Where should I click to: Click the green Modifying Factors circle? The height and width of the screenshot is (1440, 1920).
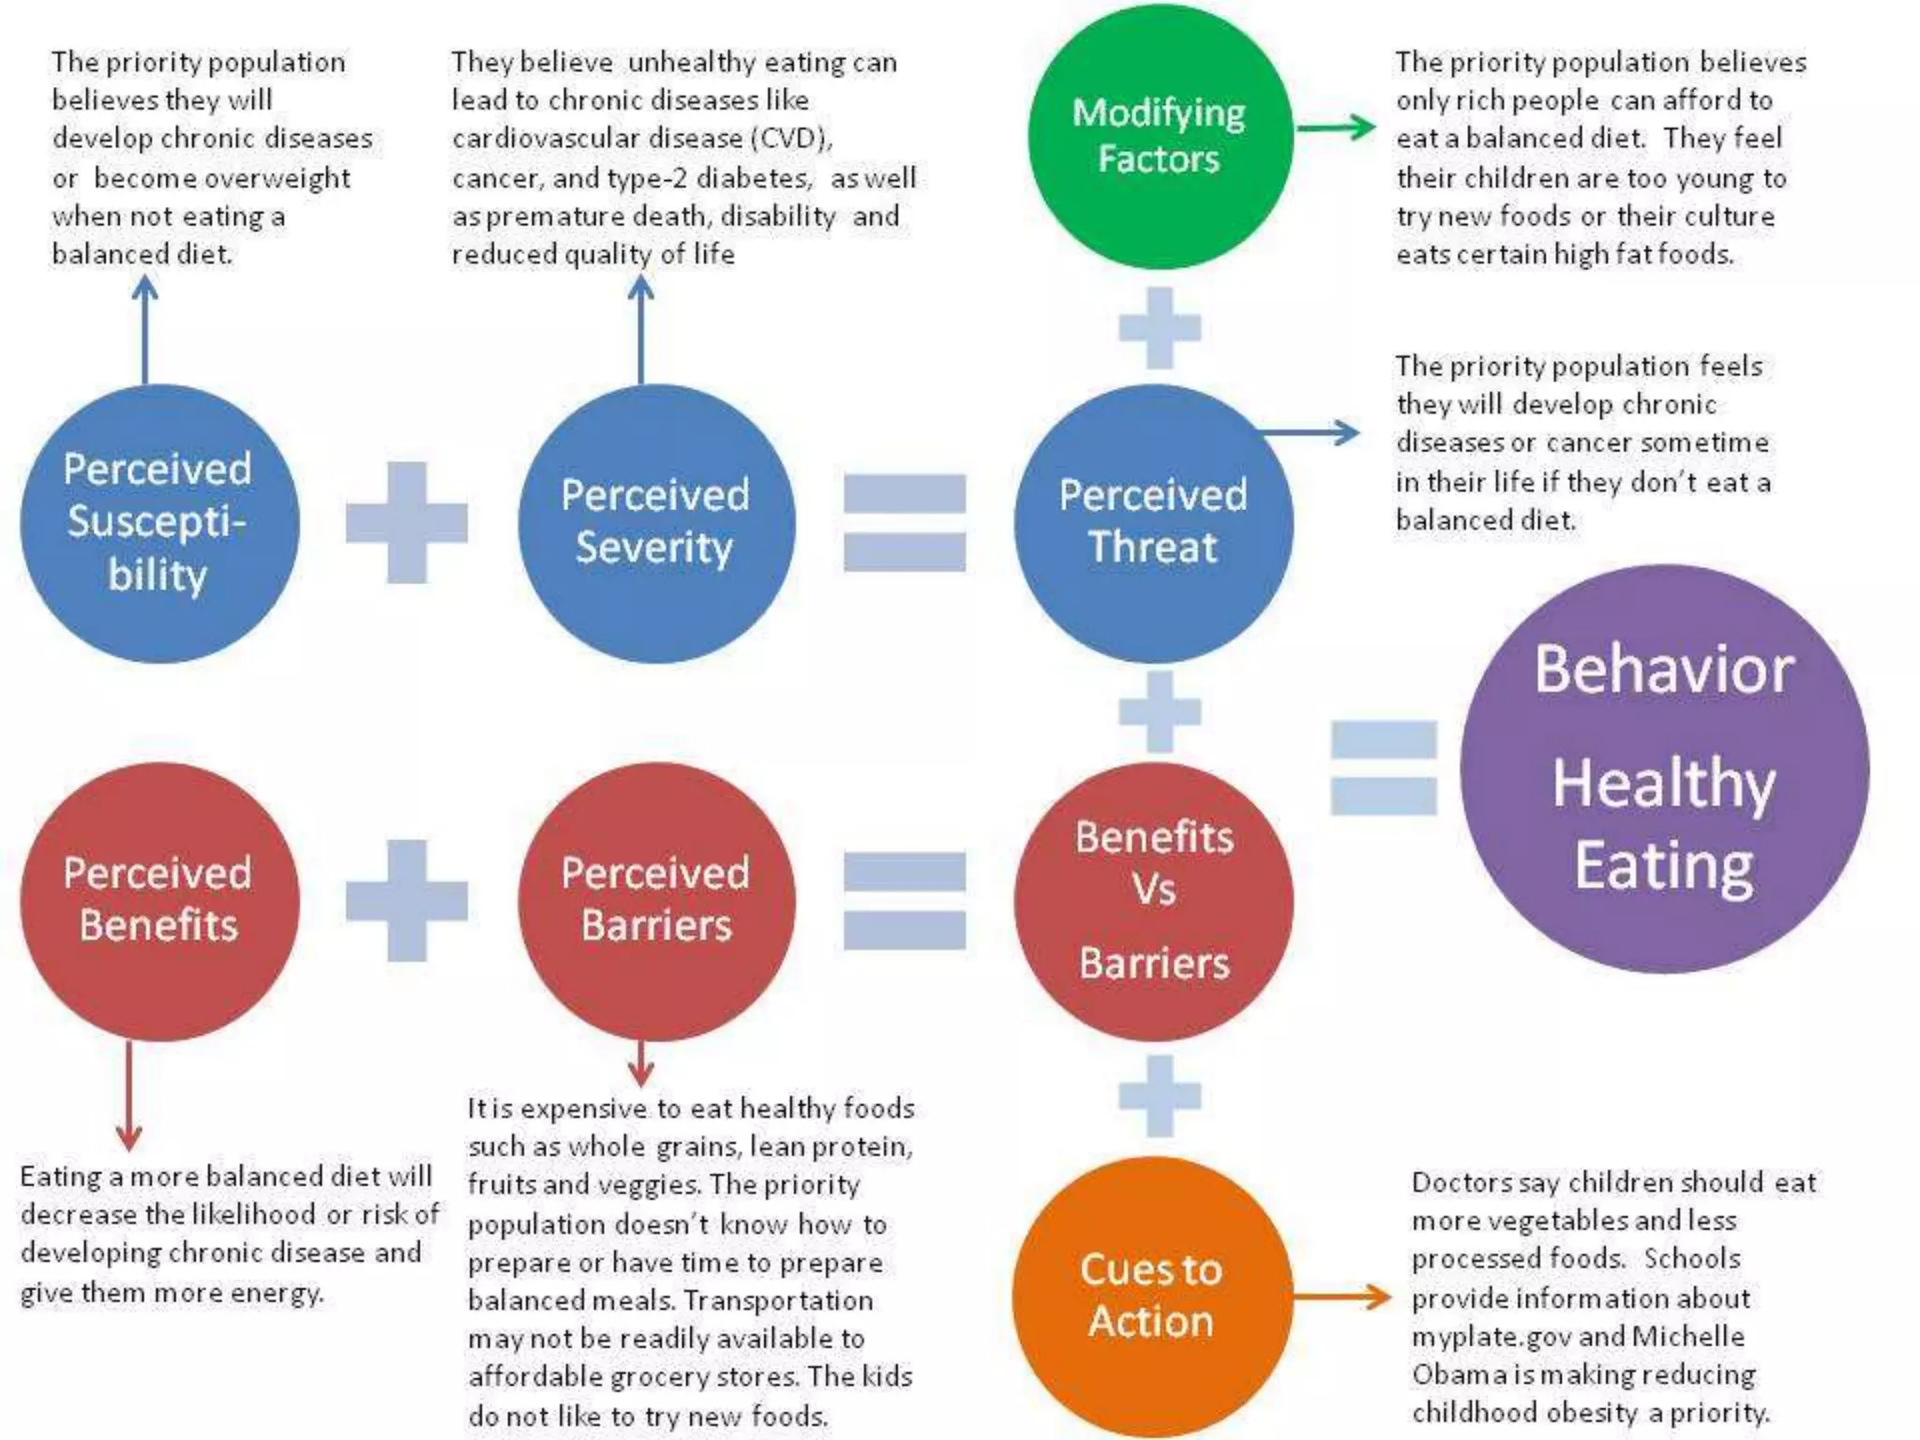tap(1160, 137)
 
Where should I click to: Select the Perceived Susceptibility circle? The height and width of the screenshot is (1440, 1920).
tap(159, 523)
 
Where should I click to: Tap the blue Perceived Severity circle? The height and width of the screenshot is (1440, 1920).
tap(656, 523)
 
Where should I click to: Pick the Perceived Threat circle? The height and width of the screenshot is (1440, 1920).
tap(1153, 523)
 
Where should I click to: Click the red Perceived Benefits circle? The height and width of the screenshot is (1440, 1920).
tap(159, 900)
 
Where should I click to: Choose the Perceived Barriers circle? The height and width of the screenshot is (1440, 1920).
tap(656, 900)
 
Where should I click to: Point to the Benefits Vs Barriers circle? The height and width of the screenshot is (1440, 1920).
tap(1153, 900)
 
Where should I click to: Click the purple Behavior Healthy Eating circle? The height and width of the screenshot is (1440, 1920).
tap(1664, 769)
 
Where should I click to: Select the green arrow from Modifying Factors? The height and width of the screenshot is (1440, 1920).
tap(1335, 127)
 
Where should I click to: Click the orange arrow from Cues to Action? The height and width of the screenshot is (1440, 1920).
tap(1341, 1297)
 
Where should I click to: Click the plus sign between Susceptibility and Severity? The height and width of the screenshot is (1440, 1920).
tap(406, 522)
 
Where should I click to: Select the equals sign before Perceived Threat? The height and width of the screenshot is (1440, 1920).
tap(904, 522)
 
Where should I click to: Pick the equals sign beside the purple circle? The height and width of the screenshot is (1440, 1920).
tap(1383, 767)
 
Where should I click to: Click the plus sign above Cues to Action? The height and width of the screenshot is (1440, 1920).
tap(1160, 1095)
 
